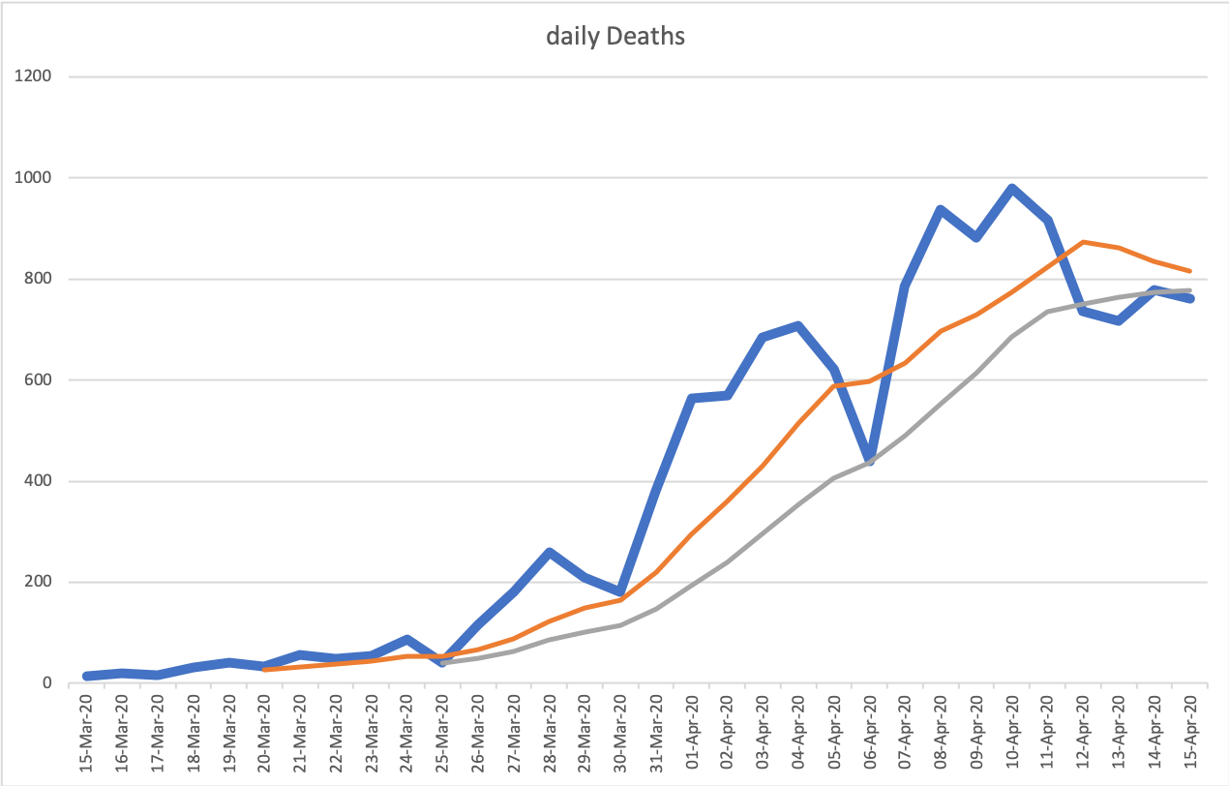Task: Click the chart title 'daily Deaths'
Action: pos(614,37)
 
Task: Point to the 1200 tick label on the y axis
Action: pos(33,76)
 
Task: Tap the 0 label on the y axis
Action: pos(45,683)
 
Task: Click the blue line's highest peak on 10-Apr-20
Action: pos(1012,189)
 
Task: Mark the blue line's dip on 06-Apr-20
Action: pos(869,461)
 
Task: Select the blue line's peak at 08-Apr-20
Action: pos(941,209)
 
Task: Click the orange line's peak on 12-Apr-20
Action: pos(1084,242)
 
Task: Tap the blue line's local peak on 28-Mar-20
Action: pos(549,553)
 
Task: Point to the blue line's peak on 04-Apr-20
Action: pos(798,325)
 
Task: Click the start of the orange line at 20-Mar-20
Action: pos(265,669)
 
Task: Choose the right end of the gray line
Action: pos(1189,290)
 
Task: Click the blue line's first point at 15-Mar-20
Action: pos(87,676)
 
